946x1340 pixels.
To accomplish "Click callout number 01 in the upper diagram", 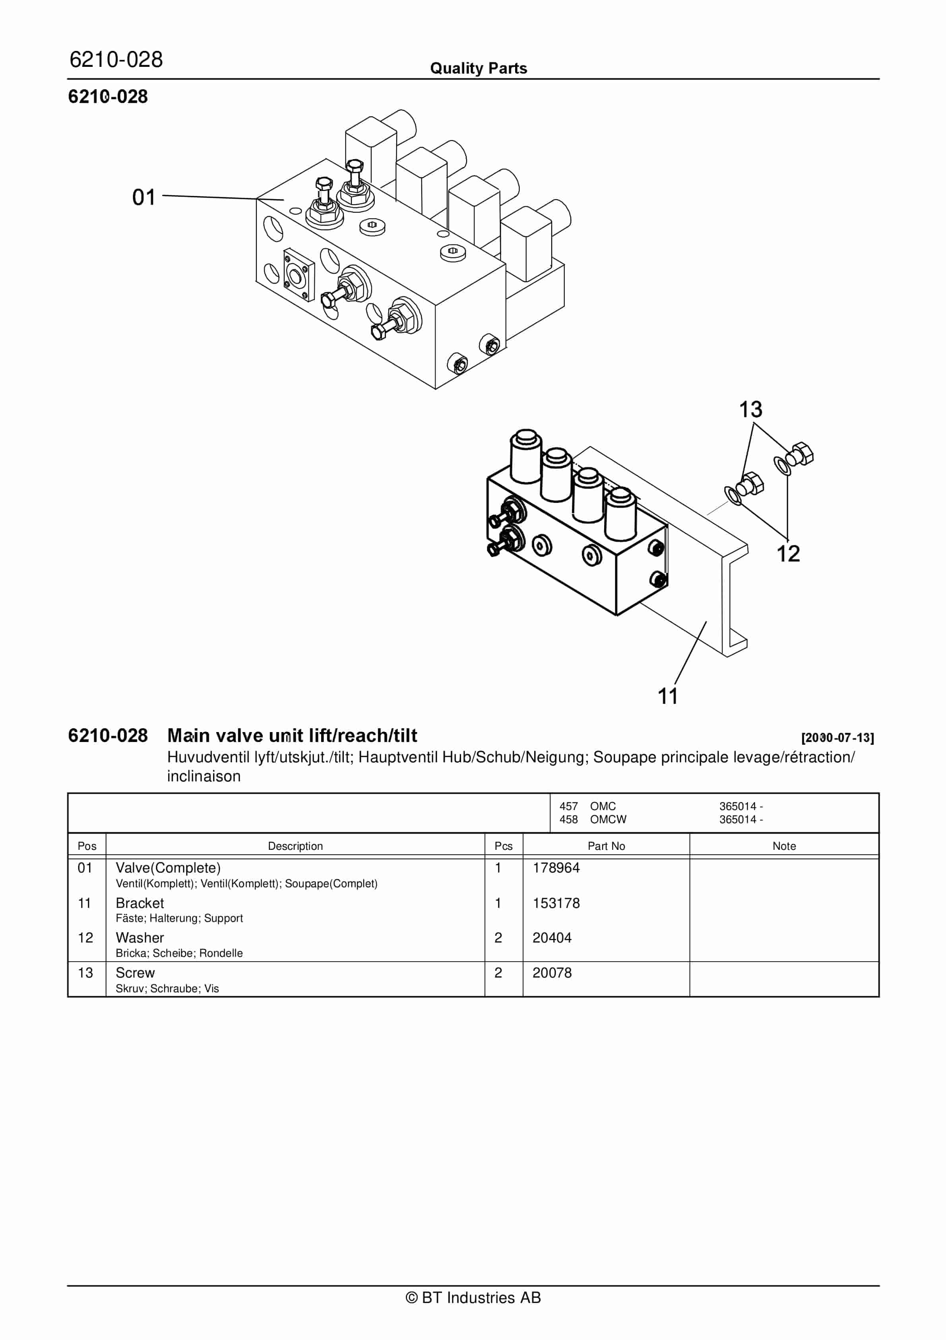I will [143, 197].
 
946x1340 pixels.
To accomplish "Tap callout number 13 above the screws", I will [750, 410].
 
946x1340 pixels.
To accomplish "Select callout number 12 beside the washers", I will [788, 554].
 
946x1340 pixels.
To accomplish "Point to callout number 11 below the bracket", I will [668, 696].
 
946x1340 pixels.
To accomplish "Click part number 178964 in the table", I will [556, 868].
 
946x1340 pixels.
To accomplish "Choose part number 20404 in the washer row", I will [552, 938].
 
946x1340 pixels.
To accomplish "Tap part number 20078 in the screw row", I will [552, 973].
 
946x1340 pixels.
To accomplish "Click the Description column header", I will [295, 846].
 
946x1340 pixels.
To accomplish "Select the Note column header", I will [784, 846].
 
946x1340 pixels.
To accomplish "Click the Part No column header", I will [606, 846].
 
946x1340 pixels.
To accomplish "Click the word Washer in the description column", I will [140, 938].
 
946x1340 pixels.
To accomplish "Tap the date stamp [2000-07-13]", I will [837, 738].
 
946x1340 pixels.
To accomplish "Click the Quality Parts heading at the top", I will [478, 68].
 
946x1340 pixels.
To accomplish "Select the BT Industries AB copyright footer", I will [473, 1297].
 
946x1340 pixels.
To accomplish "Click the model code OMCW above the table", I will [608, 820].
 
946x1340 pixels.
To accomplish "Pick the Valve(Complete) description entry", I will [168, 868].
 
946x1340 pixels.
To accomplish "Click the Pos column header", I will [87, 846].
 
